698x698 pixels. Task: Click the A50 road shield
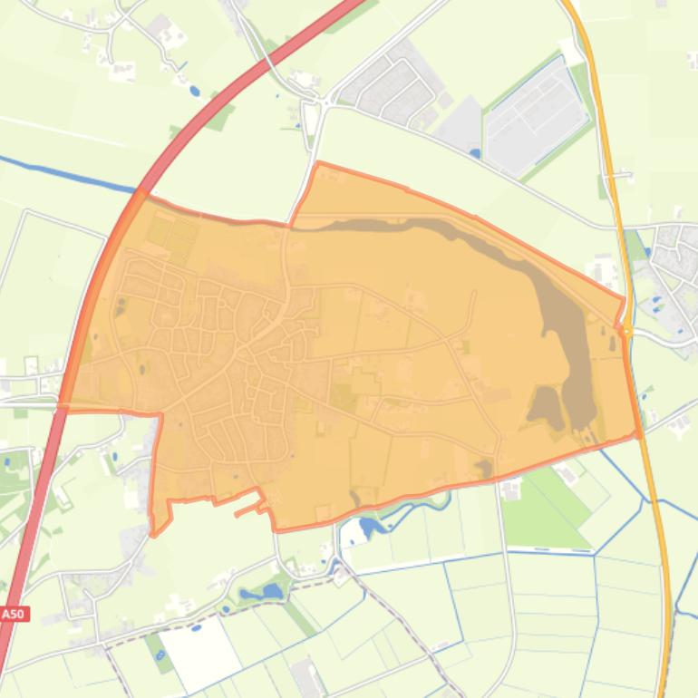click(14, 614)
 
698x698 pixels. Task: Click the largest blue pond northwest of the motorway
click(193, 91)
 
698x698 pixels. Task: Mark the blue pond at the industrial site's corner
click(474, 153)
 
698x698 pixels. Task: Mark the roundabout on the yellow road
click(626, 332)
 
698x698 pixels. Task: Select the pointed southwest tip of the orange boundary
click(157, 531)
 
